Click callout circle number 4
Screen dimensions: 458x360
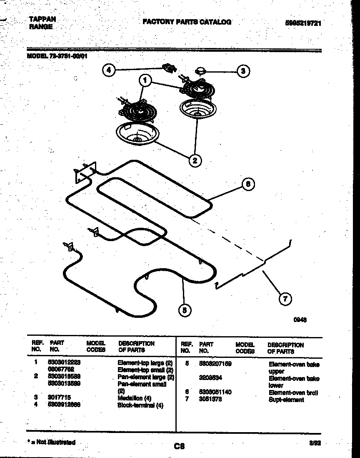pyautogui.click(x=109, y=70)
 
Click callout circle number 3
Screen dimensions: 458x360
pyautogui.click(x=243, y=71)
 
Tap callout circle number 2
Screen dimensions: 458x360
pyautogui.click(x=195, y=159)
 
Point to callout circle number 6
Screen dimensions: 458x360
pyautogui.click(x=248, y=184)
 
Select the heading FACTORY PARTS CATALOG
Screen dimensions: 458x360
pyautogui.click(x=187, y=22)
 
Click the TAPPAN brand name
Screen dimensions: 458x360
pyautogui.click(x=42, y=19)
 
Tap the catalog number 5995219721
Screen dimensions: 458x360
pyautogui.click(x=303, y=23)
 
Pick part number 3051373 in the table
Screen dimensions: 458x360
pyautogui.click(x=210, y=399)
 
